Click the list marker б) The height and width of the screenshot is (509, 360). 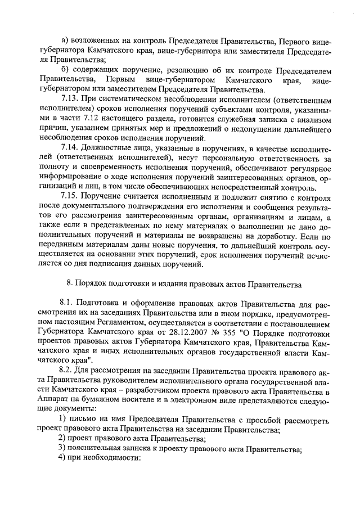tap(65, 69)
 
